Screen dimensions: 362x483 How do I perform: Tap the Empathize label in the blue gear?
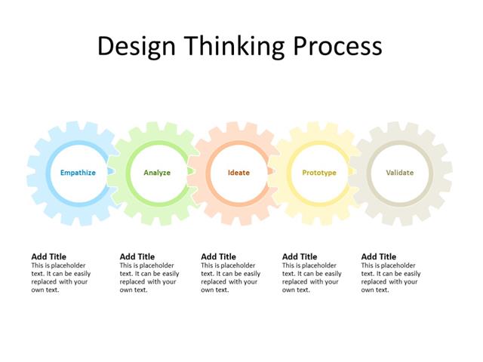78,173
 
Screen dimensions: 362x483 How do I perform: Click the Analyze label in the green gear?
157,173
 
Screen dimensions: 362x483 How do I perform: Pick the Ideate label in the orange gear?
238,173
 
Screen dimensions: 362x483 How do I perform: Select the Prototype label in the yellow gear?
319,173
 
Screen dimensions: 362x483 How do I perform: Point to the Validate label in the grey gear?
400,173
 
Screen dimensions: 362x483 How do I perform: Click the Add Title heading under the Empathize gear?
48,256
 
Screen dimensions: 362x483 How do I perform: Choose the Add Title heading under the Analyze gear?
137,256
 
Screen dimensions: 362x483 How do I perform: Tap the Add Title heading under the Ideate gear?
218,256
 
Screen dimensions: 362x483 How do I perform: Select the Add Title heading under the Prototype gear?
300,256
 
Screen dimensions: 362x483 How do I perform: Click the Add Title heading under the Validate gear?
379,256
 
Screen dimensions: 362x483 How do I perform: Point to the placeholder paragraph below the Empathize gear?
60,278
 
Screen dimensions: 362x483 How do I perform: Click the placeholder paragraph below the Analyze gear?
149,278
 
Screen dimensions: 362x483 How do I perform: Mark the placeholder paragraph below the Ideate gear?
230,278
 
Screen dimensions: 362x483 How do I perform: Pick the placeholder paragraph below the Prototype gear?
312,278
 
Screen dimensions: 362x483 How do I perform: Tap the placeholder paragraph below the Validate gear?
390,278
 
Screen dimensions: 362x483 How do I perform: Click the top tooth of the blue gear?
78,127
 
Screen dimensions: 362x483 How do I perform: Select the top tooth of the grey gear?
400,127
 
